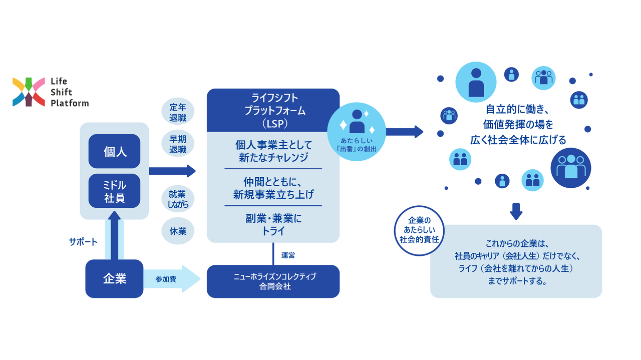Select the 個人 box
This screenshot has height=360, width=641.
(114, 151)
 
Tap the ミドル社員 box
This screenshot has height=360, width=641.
(114, 191)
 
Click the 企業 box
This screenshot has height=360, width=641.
(114, 279)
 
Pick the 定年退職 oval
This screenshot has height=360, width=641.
(178, 112)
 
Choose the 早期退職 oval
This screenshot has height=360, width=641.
(178, 144)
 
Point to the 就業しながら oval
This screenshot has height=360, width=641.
(178, 199)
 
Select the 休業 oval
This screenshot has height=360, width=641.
(178, 231)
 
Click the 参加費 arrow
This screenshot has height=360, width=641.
(170, 279)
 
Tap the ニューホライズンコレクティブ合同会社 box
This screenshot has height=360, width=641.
(273, 281)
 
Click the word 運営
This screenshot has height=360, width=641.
(288, 255)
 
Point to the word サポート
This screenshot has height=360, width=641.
(83, 242)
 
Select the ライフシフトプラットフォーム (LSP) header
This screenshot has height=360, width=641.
(273, 110)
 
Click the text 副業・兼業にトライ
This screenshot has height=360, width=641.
(273, 225)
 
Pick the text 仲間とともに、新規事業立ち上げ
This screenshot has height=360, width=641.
(273, 187)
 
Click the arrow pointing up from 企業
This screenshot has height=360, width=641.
(114, 235)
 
